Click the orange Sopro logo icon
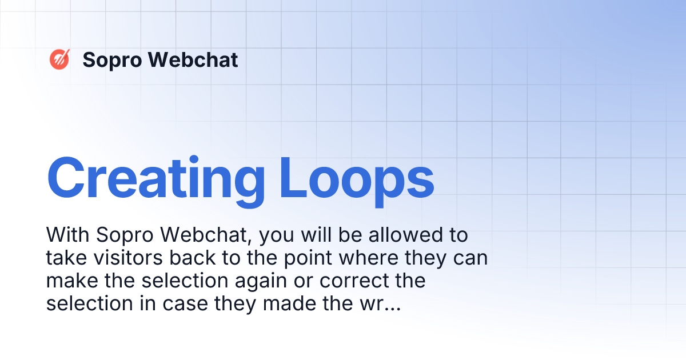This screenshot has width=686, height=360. pos(59,59)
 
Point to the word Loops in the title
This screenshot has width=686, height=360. pos(357,178)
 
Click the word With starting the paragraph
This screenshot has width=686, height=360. pos(68,235)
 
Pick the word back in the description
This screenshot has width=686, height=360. pos(192,258)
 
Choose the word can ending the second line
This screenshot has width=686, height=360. pos(470,258)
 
